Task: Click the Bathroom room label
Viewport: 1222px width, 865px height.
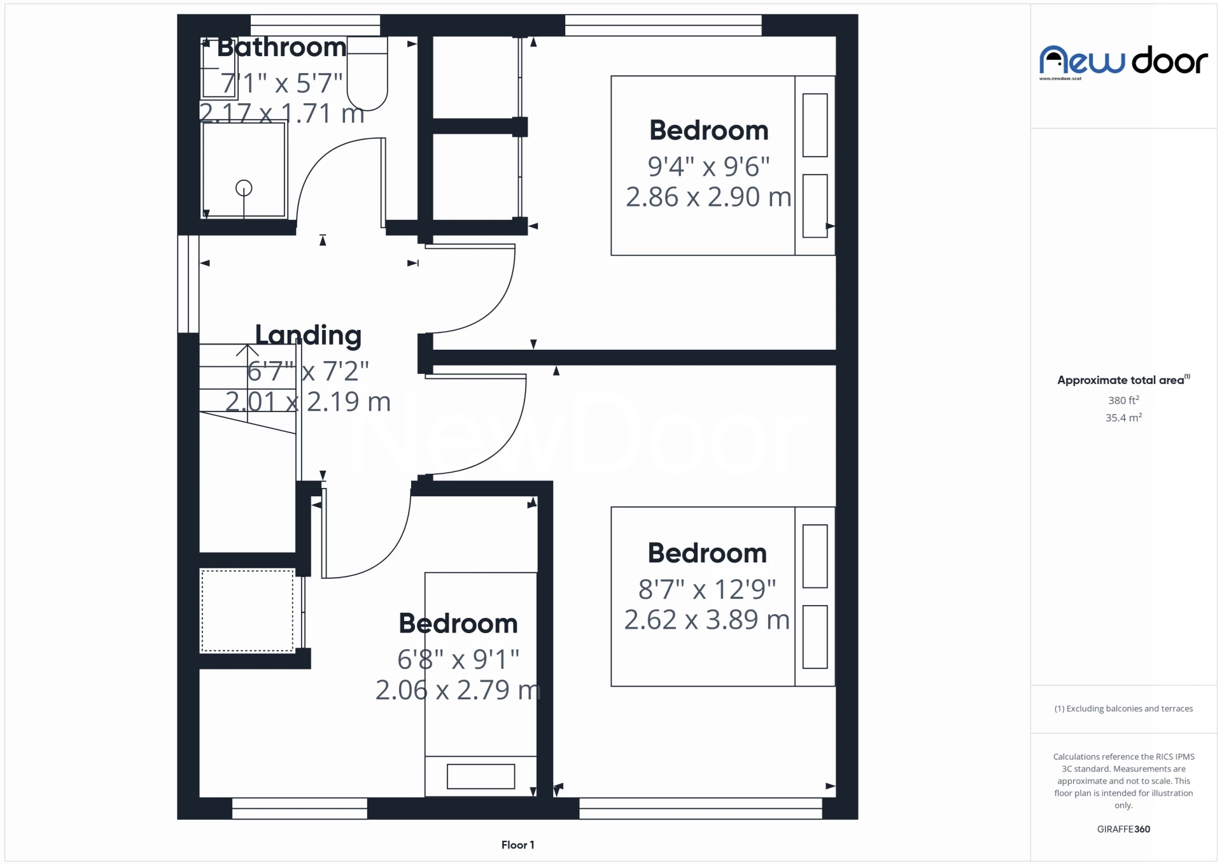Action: pyautogui.click(x=281, y=48)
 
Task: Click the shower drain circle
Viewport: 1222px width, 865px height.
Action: pyautogui.click(x=244, y=188)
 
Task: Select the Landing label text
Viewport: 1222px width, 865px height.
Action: pyautogui.click(x=308, y=335)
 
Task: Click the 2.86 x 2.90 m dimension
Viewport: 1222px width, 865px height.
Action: pyautogui.click(x=708, y=197)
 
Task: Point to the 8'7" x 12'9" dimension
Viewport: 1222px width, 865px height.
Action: pyautogui.click(x=707, y=589)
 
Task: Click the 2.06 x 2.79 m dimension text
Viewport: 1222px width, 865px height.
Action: pyautogui.click(x=458, y=690)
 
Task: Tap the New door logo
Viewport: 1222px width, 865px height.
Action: pyautogui.click(x=1123, y=61)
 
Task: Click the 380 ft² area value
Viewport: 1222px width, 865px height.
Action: pyautogui.click(x=1123, y=400)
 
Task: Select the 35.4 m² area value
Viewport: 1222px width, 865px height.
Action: pyautogui.click(x=1123, y=418)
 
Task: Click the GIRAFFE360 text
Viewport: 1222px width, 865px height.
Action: pyautogui.click(x=1123, y=829)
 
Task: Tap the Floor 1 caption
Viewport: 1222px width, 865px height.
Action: pyautogui.click(x=517, y=845)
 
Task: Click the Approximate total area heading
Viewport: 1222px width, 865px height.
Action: pyautogui.click(x=1121, y=380)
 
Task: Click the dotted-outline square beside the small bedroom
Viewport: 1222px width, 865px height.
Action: pyautogui.click(x=247, y=611)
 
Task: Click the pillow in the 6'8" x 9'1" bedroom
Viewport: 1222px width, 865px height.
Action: pyautogui.click(x=481, y=776)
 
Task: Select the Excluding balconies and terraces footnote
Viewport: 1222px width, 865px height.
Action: pyautogui.click(x=1123, y=708)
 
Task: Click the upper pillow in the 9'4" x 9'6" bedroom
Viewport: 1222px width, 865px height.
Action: pyautogui.click(x=815, y=125)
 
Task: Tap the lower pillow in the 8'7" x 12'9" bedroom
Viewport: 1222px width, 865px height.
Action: pyautogui.click(x=815, y=636)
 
